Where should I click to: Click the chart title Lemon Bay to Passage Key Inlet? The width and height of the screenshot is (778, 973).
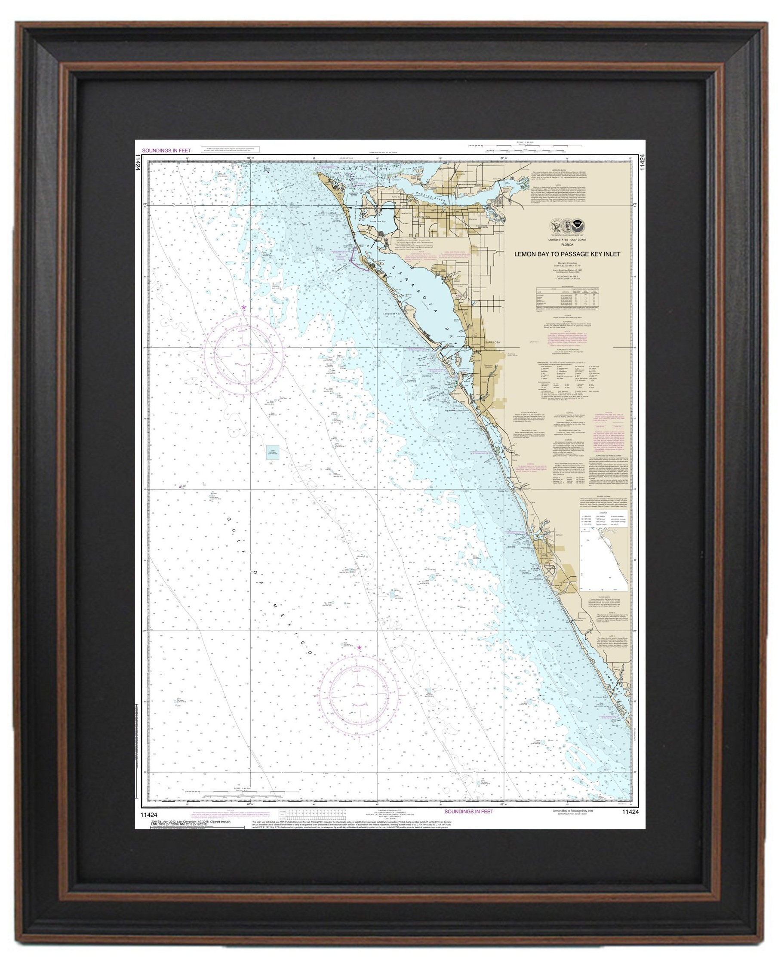[567, 254]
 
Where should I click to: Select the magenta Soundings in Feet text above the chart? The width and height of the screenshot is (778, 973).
[166, 151]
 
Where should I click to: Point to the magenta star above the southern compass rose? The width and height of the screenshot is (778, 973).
[359, 648]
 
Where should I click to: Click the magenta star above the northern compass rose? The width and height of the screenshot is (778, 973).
[244, 307]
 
